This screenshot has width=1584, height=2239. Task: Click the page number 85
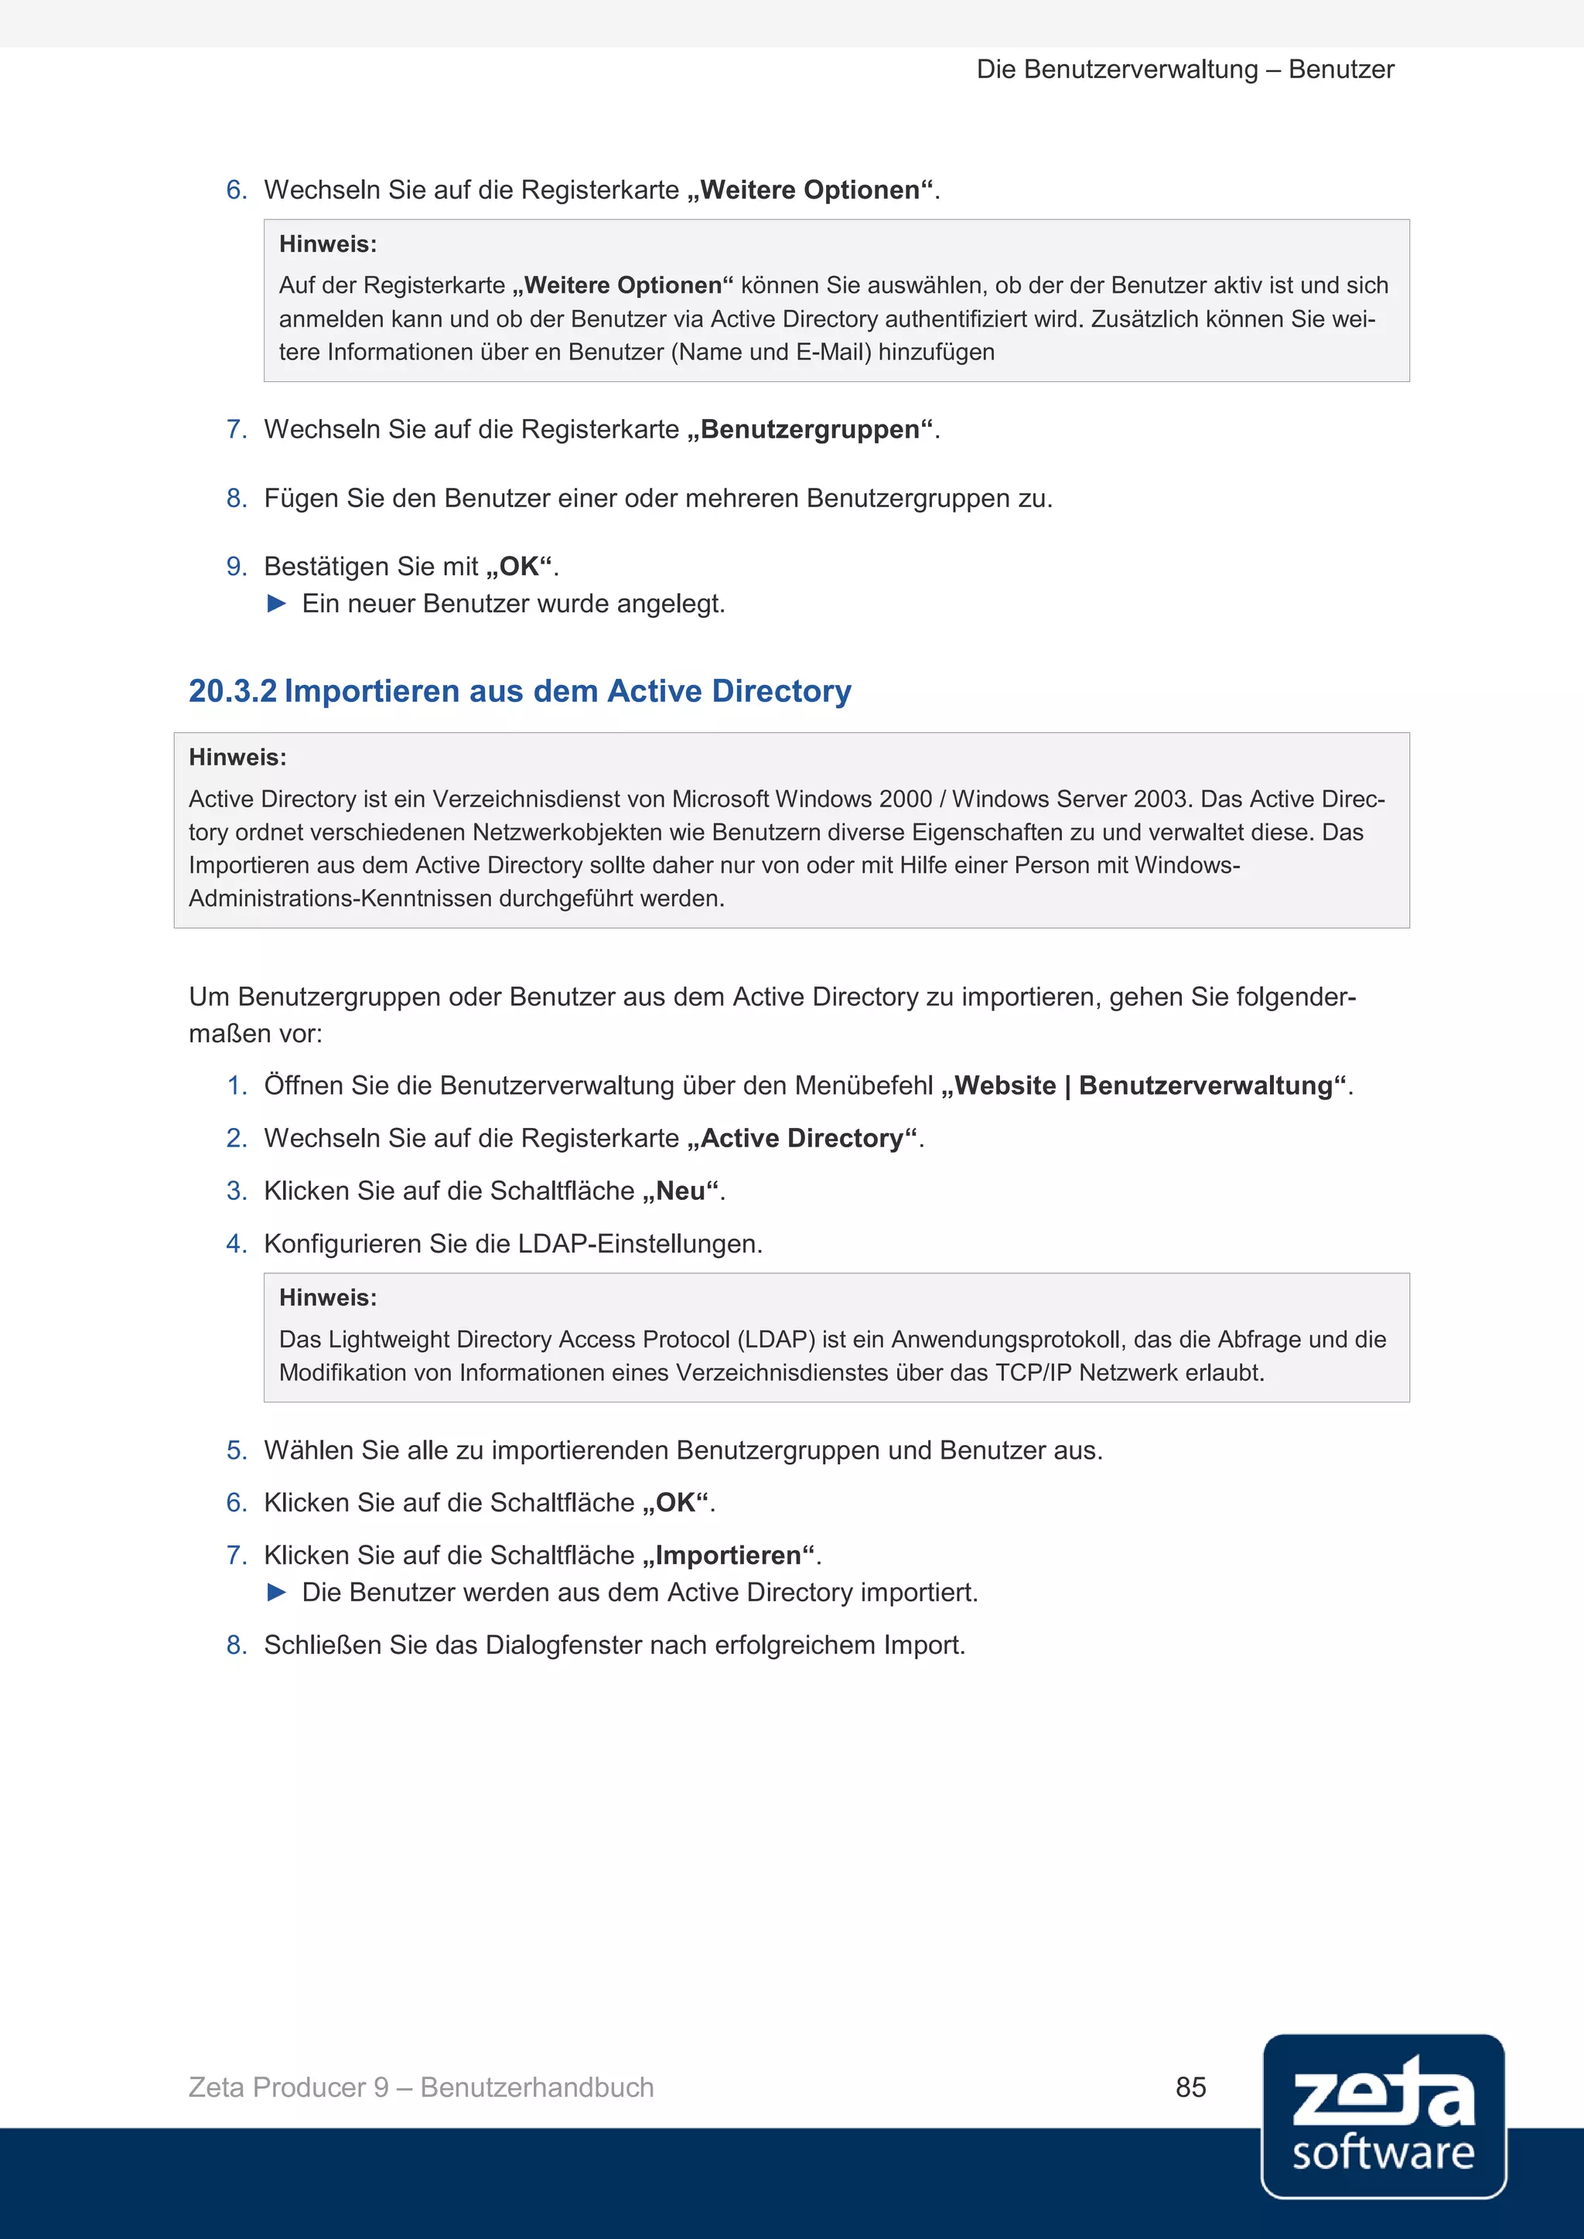tap(1190, 2087)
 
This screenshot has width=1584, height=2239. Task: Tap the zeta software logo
tap(1383, 2115)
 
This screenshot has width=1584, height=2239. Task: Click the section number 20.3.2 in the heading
tap(232, 690)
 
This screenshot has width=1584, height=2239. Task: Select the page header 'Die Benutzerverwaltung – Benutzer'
tap(1185, 70)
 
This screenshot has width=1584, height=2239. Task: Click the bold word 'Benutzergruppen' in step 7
tap(810, 429)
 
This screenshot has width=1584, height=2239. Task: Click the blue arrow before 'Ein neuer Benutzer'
tap(277, 604)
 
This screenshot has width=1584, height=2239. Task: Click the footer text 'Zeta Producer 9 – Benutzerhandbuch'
tap(422, 2087)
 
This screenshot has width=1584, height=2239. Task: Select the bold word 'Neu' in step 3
tap(680, 1191)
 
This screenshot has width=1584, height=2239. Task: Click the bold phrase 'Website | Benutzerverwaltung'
tap(1143, 1085)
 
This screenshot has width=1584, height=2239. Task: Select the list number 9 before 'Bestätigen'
tap(235, 567)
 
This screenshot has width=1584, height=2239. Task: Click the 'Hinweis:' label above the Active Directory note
tap(237, 757)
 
